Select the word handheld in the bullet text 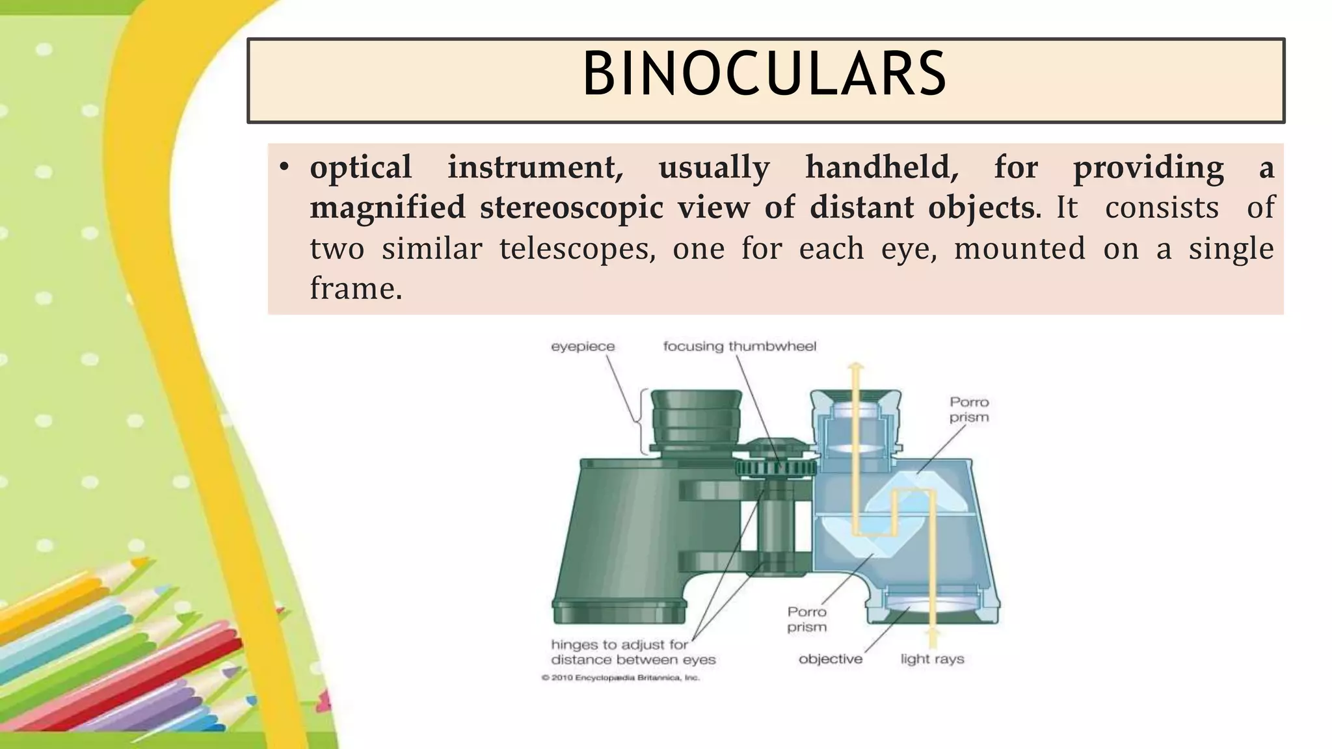[881, 168]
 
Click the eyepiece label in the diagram [582, 347]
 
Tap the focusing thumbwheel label [739, 347]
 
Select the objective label [831, 659]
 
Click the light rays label [932, 659]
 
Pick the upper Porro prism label [968, 410]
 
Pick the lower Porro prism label [807, 619]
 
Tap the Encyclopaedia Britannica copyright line [620, 678]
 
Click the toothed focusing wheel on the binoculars [775, 468]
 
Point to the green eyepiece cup [696, 419]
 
